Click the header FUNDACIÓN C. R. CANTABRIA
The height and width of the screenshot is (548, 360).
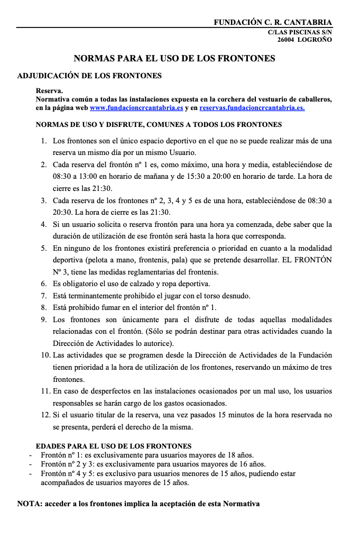pyautogui.click(x=273, y=22)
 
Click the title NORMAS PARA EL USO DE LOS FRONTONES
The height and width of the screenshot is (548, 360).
pyautogui.click(x=174, y=58)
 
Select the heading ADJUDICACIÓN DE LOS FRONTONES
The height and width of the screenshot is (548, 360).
pyautogui.click(x=89, y=76)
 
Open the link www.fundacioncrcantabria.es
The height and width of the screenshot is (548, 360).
pyautogui.click(x=136, y=107)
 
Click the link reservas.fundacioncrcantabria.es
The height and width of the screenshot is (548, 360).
pyautogui.click(x=252, y=107)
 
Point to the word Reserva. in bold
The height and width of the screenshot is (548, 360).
pyautogui.click(x=49, y=91)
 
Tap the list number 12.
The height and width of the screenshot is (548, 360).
pyautogui.click(x=45, y=415)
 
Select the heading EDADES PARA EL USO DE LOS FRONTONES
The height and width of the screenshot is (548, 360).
pyautogui.click(x=113, y=446)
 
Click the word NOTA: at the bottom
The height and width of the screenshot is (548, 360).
pyautogui.click(x=30, y=504)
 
